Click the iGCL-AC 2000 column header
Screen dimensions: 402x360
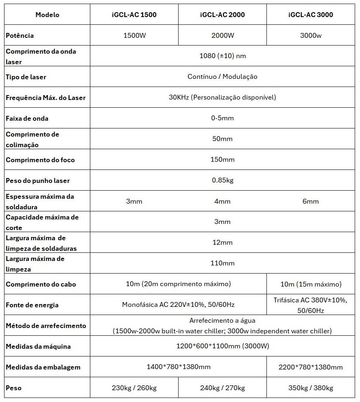pyautogui.click(x=223, y=15)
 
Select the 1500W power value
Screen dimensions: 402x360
pyautogui.click(x=134, y=35)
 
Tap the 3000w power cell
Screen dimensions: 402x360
pyautogui.click(x=311, y=35)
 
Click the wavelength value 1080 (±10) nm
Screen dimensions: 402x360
pyautogui.click(x=223, y=56)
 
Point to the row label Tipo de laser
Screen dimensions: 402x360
pyautogui.click(x=26, y=77)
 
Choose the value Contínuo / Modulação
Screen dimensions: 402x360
pyautogui.click(x=223, y=77)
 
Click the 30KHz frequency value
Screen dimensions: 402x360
pyautogui.click(x=223, y=98)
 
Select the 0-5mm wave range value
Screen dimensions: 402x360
pyautogui.click(x=223, y=118)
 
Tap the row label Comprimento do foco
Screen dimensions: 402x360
pyautogui.click(x=40, y=160)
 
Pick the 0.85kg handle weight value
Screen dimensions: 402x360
pyautogui.click(x=223, y=180)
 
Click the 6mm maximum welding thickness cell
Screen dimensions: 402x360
pyautogui.click(x=311, y=201)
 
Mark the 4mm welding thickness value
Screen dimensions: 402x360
pyautogui.click(x=223, y=201)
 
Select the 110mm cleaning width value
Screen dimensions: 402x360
pyautogui.click(x=223, y=263)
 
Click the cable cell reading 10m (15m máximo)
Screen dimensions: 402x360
pyautogui.click(x=311, y=284)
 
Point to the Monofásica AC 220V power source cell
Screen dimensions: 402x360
pyautogui.click(x=178, y=305)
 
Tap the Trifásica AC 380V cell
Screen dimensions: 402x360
pyautogui.click(x=311, y=305)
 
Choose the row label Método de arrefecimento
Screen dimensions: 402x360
pyautogui.click(x=46, y=326)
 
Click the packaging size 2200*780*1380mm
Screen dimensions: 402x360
pyautogui.click(x=311, y=367)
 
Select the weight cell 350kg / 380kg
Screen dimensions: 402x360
pyautogui.click(x=311, y=388)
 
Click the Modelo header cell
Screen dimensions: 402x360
pyautogui.click(x=47, y=15)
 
